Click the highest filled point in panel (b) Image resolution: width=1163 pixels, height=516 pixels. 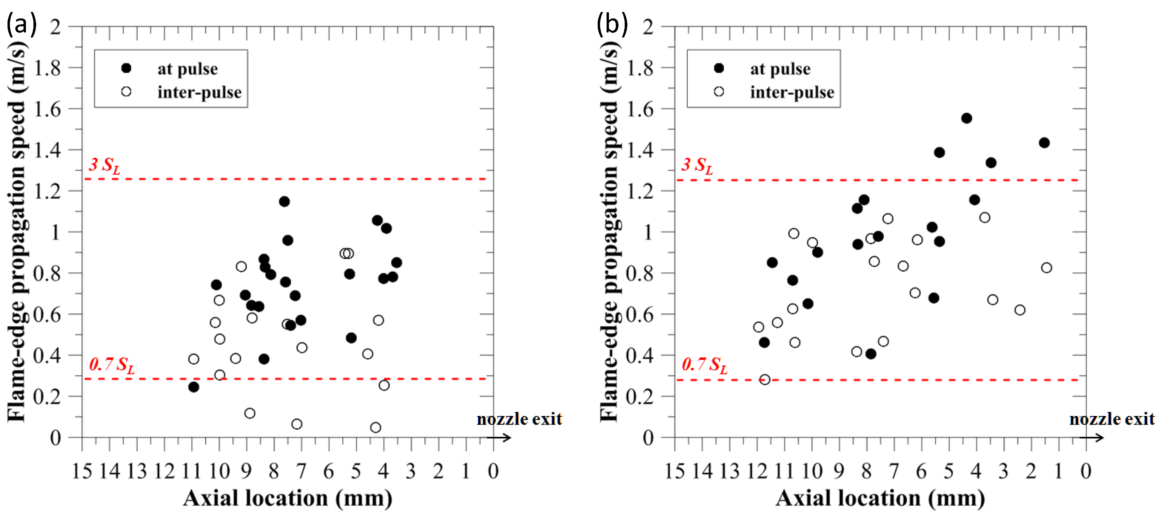[966, 118]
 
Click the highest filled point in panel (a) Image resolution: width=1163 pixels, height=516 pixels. [284, 201]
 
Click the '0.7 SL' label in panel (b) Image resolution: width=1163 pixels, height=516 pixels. [704, 365]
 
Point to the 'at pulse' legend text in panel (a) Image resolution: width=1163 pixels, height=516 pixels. [187, 69]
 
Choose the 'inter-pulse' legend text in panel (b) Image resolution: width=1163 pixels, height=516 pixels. [792, 92]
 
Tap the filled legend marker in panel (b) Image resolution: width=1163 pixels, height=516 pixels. [719, 68]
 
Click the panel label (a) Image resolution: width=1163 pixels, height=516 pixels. [21, 24]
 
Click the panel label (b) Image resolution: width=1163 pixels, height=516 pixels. [612, 24]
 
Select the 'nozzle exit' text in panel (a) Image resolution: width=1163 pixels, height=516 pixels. [519, 419]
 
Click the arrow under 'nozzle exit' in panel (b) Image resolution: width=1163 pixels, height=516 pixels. [1092, 438]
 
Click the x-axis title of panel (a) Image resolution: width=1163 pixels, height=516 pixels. [288, 498]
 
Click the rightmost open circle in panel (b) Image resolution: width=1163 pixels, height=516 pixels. [1046, 268]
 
